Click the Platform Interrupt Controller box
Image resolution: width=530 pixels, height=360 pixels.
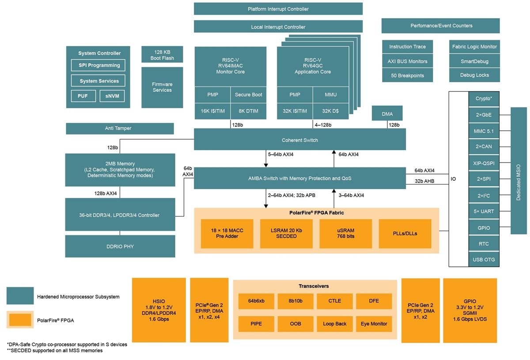pos(278,9)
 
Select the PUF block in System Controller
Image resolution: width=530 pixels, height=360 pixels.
pos(83,96)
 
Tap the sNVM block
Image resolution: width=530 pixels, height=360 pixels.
pos(112,96)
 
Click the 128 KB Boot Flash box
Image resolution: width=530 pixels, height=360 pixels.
pos(162,55)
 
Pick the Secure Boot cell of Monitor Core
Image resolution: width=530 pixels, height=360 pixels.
pos(248,95)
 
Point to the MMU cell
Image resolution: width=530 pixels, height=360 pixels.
pos(331,95)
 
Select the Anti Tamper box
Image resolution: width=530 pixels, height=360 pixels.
pos(119,129)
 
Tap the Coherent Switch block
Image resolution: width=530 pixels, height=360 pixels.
pos(299,140)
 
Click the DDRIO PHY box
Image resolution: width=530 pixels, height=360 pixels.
pos(120,246)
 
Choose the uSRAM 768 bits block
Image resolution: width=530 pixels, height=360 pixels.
pos(345,233)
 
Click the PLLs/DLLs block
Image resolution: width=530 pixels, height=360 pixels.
pos(405,233)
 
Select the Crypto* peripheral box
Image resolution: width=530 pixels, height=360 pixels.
pos(484,99)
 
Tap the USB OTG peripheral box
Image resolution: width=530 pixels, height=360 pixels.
pos(484,259)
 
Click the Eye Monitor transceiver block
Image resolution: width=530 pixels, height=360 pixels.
pos(374,324)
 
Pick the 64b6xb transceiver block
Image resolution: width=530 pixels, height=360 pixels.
pos(256,301)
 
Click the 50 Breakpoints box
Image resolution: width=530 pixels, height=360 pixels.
pos(407,76)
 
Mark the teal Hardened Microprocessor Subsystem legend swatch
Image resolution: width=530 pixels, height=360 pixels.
pos(20,296)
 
